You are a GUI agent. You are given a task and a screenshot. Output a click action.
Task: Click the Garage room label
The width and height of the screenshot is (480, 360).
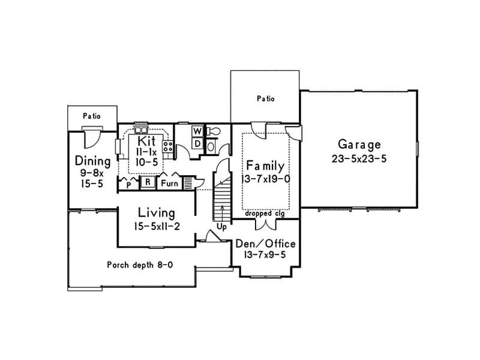pyautogui.click(x=359, y=145)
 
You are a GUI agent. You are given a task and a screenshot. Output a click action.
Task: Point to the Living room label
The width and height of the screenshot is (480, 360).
pyautogui.click(x=156, y=213)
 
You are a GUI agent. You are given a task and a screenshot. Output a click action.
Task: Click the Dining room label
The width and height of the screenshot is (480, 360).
pyautogui.click(x=92, y=161)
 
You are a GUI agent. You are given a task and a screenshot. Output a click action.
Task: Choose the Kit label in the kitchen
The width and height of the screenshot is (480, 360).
pyautogui.click(x=146, y=141)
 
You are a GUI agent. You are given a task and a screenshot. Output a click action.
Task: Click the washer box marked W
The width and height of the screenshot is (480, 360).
pyautogui.click(x=197, y=131)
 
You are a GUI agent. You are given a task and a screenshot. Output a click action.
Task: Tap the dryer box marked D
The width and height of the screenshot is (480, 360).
pyautogui.click(x=197, y=143)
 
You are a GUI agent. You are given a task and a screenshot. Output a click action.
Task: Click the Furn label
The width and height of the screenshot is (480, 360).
pyautogui.click(x=169, y=183)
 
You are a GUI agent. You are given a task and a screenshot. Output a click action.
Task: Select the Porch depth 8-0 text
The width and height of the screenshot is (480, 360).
pyautogui.click(x=140, y=265)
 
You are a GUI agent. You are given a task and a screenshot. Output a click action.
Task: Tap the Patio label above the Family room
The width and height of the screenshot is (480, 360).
pyautogui.click(x=265, y=98)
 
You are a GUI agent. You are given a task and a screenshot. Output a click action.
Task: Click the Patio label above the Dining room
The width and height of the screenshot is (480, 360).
pyautogui.click(x=91, y=116)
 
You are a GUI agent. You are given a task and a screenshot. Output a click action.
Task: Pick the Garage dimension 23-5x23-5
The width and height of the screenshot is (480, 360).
pyautogui.click(x=359, y=159)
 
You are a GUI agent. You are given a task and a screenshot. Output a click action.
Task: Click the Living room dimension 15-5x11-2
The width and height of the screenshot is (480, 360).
pyautogui.click(x=156, y=226)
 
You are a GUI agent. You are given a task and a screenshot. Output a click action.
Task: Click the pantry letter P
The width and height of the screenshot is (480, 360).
pyautogui.click(x=128, y=185)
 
